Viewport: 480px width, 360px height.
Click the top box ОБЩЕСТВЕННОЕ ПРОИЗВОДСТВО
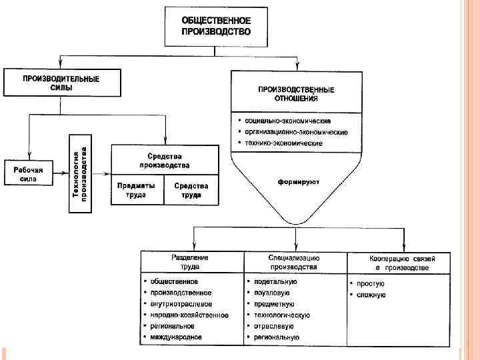click(x=216, y=27)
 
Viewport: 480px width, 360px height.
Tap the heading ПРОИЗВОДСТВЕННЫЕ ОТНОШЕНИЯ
click(x=297, y=93)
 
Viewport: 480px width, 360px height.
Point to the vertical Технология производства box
click(x=79, y=173)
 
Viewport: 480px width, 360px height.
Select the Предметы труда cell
click(x=136, y=191)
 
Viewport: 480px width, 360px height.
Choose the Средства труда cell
click(x=191, y=191)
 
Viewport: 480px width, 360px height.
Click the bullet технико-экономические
click(x=283, y=143)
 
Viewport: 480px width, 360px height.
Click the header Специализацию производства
click(x=295, y=262)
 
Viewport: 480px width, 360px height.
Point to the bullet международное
click(x=176, y=337)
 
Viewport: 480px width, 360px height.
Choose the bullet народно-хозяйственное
click(x=189, y=315)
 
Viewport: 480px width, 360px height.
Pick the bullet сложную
click(x=371, y=295)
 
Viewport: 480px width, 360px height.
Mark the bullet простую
click(x=370, y=283)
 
